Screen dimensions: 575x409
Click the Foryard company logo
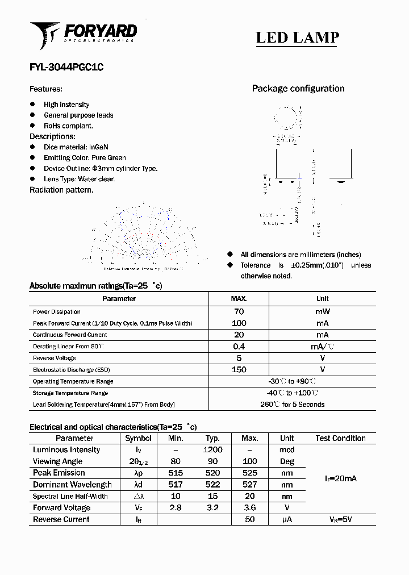tap(84, 34)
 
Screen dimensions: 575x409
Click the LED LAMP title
tap(297, 37)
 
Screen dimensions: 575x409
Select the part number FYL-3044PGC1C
tap(66, 67)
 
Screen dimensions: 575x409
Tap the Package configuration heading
tap(298, 89)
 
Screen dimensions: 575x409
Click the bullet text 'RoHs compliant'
tap(68, 126)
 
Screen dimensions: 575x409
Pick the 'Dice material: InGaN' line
tap(76, 147)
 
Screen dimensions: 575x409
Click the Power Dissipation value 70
tap(239, 311)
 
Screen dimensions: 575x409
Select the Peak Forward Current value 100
tap(239, 323)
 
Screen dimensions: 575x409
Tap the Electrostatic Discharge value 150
tap(239, 370)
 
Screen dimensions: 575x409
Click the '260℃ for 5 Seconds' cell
tap(293, 405)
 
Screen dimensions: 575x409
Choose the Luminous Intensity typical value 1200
tap(213, 450)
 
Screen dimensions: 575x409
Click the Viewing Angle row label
tap(57, 461)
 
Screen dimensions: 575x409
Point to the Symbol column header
tap(138, 438)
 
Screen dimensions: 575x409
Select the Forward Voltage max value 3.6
tap(250, 508)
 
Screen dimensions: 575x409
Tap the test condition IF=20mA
tap(341, 479)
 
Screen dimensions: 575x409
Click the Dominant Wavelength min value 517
tap(176, 485)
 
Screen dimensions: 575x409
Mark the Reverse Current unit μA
tap(287, 519)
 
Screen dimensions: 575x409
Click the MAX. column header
tap(239, 299)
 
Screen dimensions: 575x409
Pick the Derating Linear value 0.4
tap(239, 347)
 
